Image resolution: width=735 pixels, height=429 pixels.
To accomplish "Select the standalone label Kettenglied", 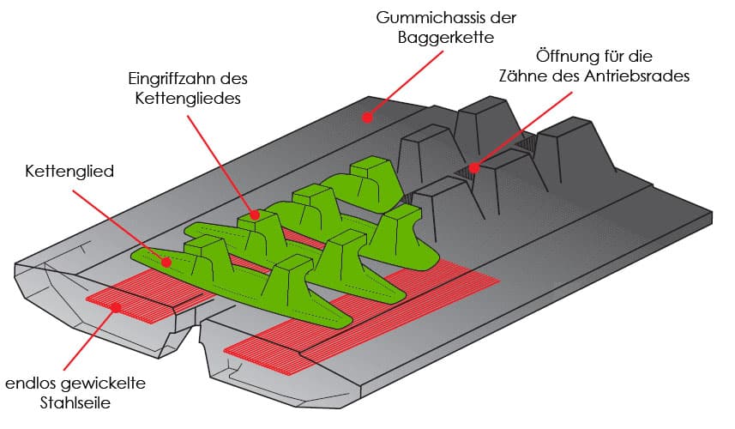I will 69,172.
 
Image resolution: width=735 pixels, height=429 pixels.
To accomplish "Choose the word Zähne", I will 521,76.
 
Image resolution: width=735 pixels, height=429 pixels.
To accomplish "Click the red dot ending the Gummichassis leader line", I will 366,117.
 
